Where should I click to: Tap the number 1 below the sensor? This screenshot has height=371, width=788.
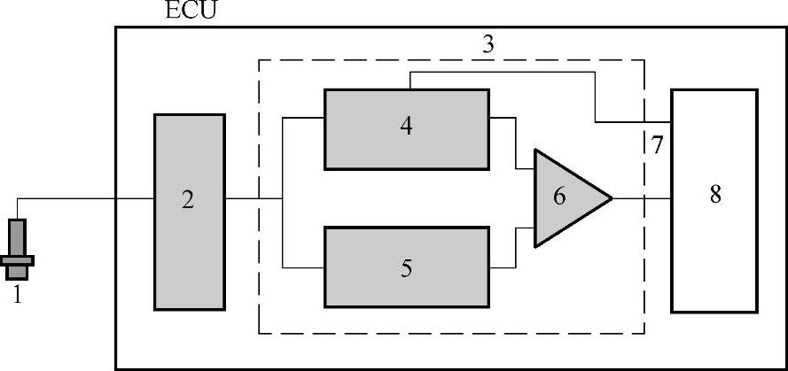17,295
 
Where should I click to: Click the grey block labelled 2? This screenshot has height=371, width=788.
189,212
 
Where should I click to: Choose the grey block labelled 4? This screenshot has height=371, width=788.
406,128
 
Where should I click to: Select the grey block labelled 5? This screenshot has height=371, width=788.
406,267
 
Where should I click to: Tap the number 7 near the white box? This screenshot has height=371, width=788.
657,146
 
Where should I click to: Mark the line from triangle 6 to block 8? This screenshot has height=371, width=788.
640,198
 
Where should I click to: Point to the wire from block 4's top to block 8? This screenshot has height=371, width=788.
532,73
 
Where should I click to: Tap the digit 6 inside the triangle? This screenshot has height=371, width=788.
559,197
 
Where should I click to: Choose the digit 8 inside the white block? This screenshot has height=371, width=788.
714,194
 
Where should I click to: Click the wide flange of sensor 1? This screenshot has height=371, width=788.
18,260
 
